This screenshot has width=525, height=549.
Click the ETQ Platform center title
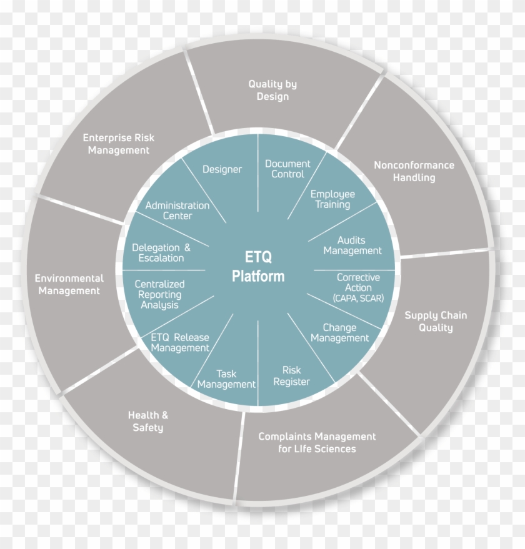(x=258, y=267)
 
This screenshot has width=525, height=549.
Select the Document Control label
(x=287, y=169)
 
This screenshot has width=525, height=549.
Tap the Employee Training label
(x=332, y=199)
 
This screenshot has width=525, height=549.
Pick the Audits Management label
(x=352, y=245)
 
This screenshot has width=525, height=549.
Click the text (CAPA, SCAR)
(x=358, y=299)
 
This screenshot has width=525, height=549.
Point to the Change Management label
(x=339, y=333)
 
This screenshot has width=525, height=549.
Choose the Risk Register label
(x=292, y=376)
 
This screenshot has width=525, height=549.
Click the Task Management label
(x=226, y=379)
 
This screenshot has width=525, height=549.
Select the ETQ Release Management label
(x=180, y=342)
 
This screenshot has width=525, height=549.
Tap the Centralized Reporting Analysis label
(x=159, y=294)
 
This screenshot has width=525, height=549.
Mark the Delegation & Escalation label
(x=161, y=253)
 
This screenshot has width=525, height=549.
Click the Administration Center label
(x=177, y=210)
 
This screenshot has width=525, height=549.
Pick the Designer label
(x=222, y=169)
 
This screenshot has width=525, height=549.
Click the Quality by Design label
(x=272, y=91)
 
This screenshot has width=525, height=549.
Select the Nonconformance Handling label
(x=414, y=171)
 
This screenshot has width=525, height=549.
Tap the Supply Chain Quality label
(x=436, y=322)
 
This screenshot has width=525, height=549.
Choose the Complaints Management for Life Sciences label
(x=317, y=443)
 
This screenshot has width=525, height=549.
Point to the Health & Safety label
(x=148, y=421)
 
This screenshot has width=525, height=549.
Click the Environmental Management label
(x=69, y=284)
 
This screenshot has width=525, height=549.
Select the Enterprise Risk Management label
(x=119, y=144)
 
